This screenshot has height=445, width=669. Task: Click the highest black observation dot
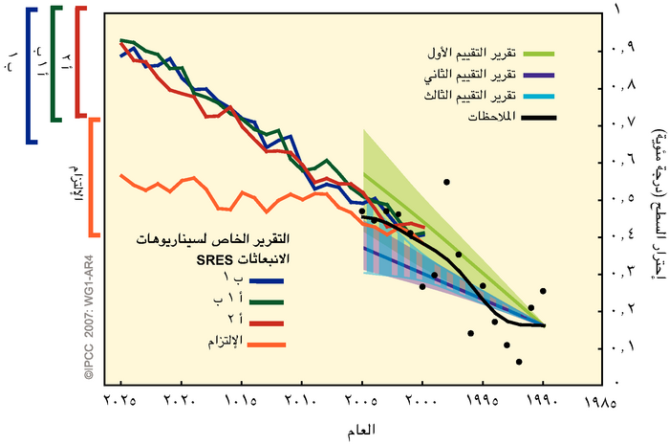[x=445, y=182]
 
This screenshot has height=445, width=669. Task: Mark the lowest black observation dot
[x=518, y=362]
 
